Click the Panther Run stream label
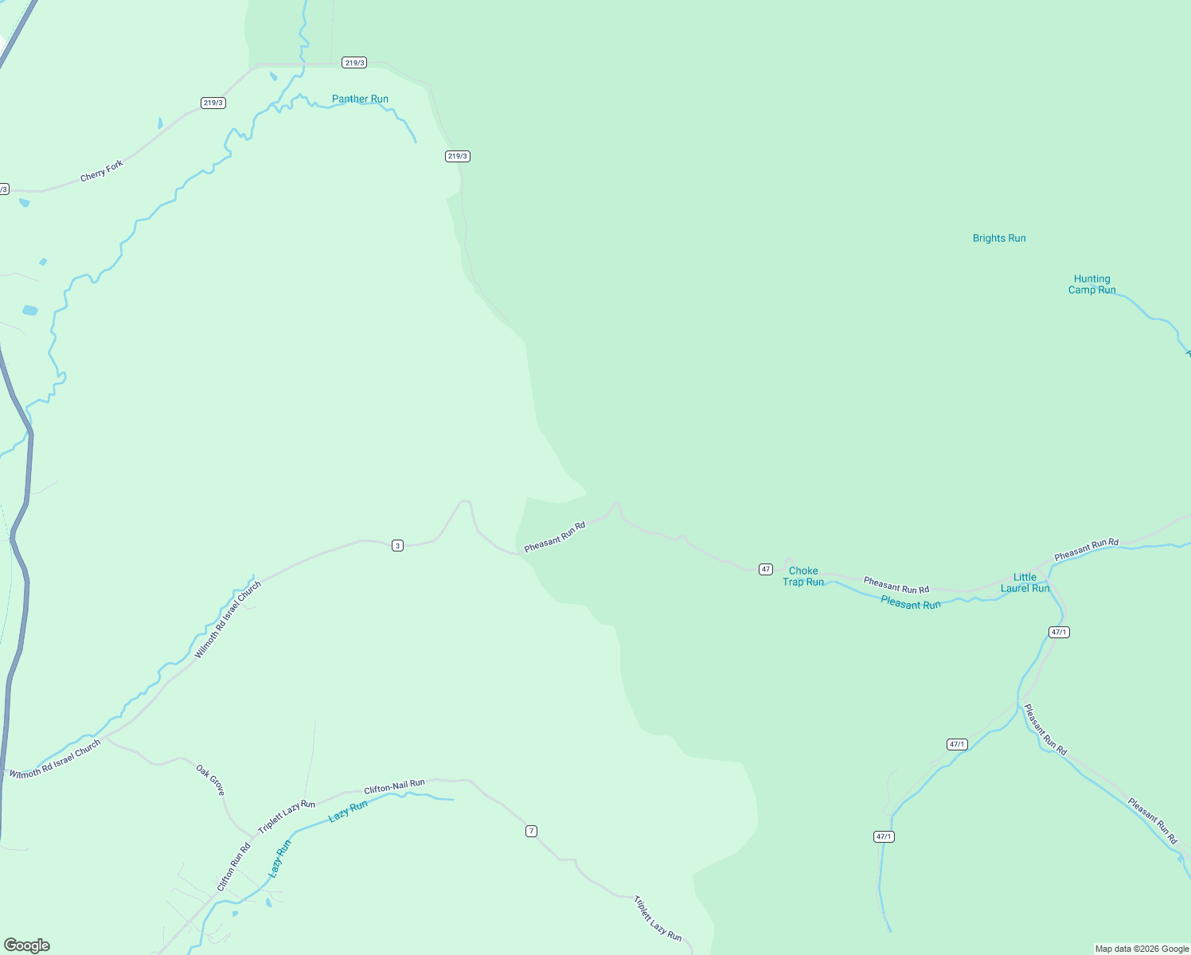coord(360,99)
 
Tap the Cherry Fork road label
coord(102,170)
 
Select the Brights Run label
coord(999,238)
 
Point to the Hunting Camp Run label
coord(1091,284)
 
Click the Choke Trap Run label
coord(803,576)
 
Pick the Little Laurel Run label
coord(1025,583)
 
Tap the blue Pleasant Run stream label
coord(911,604)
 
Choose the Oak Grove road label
coord(211,780)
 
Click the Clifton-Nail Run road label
coord(394,787)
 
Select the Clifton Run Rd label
coord(233,867)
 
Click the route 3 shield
coord(397,545)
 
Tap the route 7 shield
coord(531,831)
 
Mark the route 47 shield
coord(765,569)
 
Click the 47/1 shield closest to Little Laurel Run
coord(1059,632)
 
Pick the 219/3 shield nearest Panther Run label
coord(354,62)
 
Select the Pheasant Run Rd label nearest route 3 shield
coord(555,536)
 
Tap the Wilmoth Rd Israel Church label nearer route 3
coord(228,620)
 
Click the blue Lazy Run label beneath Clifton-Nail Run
coord(348,811)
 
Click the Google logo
coord(27,945)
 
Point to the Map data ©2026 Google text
coord(1142,949)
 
